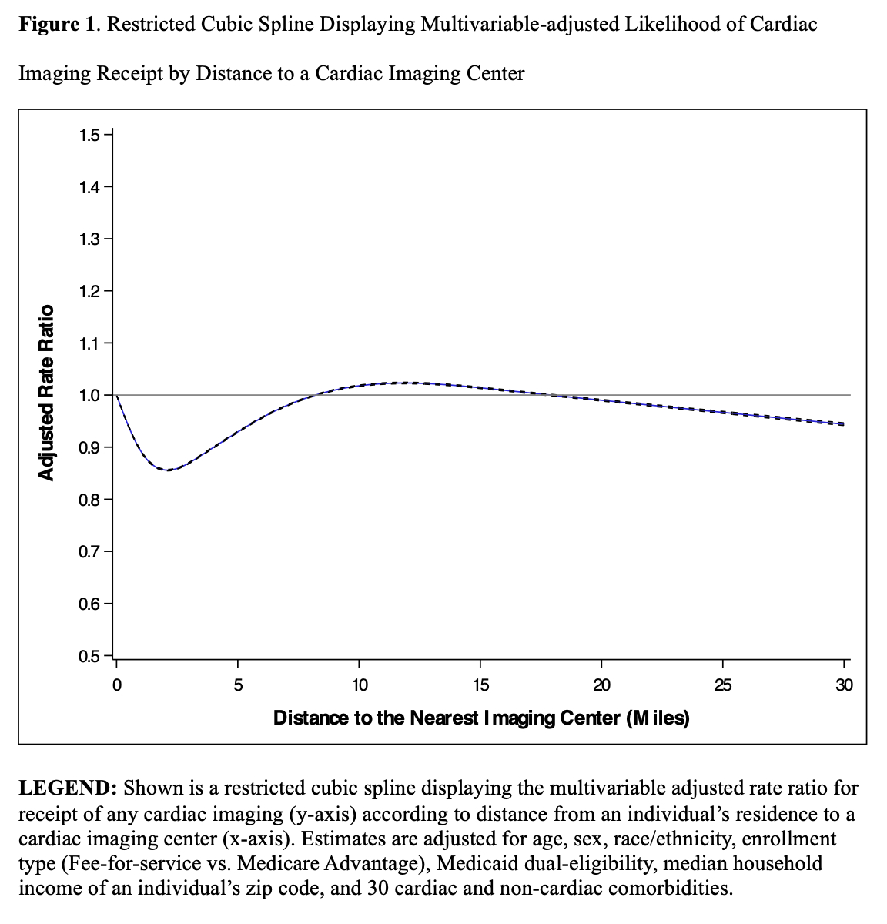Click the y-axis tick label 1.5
pyautogui.click(x=89, y=136)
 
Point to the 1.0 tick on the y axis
pyautogui.click(x=89, y=395)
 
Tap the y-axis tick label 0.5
pyautogui.click(x=89, y=656)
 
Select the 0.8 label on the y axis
pyautogui.click(x=89, y=500)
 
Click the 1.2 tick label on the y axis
pyautogui.click(x=89, y=292)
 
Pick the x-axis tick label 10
pyautogui.click(x=359, y=685)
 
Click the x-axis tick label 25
pyautogui.click(x=722, y=685)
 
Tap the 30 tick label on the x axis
pyautogui.click(x=844, y=685)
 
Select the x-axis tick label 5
pyautogui.click(x=237, y=685)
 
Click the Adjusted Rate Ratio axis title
pyautogui.click(x=47, y=393)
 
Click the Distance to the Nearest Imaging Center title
pyautogui.click(x=481, y=718)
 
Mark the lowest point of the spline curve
pyautogui.click(x=167, y=470)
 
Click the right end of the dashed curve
pyautogui.click(x=844, y=424)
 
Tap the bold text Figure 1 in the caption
pyautogui.click(x=57, y=24)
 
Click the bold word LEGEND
pyautogui.click(x=68, y=788)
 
